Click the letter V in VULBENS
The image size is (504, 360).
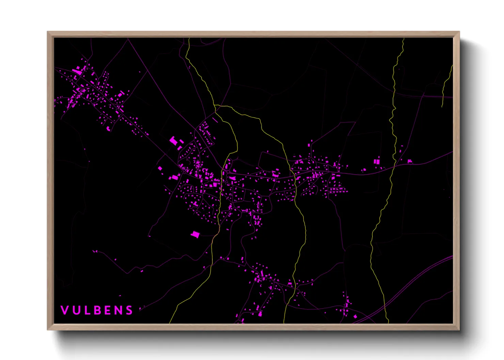[64, 310]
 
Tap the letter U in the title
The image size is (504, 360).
[75, 310]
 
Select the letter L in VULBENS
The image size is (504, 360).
[85, 310]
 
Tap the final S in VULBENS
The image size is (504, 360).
[129, 310]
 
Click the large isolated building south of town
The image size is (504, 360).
[195, 234]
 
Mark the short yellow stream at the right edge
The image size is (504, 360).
[446, 85]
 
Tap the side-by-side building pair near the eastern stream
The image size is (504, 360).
[377, 161]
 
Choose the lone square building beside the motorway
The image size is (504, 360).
[355, 316]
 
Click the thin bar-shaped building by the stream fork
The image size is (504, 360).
[215, 120]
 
